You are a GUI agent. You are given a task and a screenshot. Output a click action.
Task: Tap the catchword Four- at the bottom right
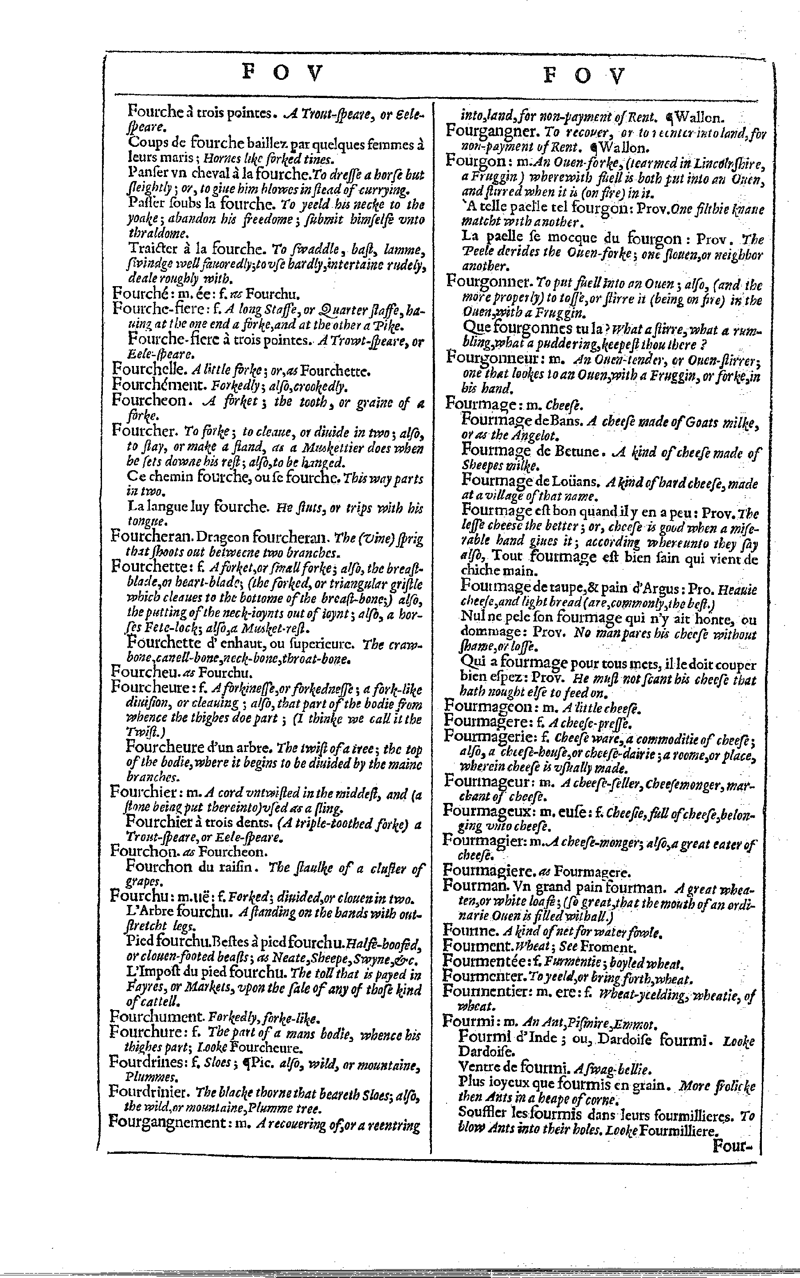tap(735, 1146)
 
